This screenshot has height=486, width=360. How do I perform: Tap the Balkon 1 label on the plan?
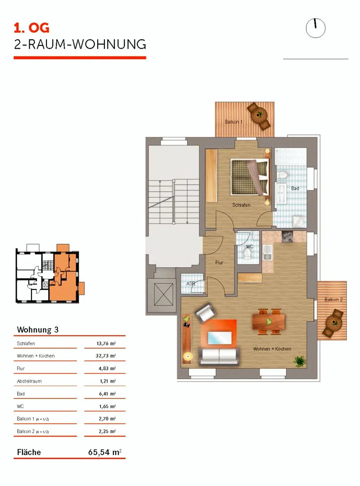[x=234, y=122]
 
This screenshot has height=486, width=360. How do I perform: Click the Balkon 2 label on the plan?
[x=333, y=300]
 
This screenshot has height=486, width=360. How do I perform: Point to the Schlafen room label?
[x=241, y=205]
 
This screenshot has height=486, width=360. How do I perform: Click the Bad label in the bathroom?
[x=295, y=188]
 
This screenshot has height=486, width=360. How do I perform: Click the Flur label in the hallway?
[x=219, y=262]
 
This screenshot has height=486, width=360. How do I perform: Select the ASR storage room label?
[x=191, y=284]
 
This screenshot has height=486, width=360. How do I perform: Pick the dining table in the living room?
[x=268, y=321]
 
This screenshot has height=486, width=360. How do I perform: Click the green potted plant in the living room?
[x=299, y=361]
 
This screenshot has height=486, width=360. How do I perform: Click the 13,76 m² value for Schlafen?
[x=106, y=343]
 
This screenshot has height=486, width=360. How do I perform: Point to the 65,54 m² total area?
[x=104, y=452]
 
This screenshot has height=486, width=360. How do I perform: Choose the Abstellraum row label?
[x=29, y=381]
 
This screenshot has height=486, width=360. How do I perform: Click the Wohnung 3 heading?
[x=38, y=330]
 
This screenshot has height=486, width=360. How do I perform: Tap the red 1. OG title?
[x=32, y=28]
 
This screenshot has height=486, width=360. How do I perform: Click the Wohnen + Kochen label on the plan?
[x=272, y=349]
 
